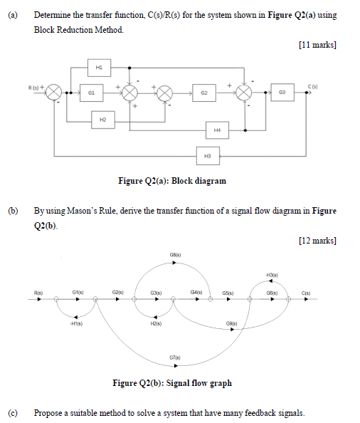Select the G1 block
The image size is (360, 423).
(91, 93)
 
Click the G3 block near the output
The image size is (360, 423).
(282, 93)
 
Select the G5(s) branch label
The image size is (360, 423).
(228, 292)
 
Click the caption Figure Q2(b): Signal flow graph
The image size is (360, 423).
(172, 383)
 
